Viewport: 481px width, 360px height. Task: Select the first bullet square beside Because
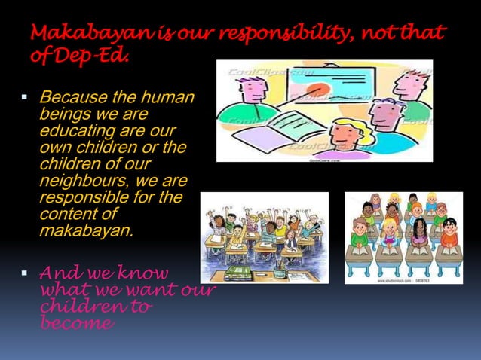pos(24,98)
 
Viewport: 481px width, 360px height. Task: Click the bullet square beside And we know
pos(24,272)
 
